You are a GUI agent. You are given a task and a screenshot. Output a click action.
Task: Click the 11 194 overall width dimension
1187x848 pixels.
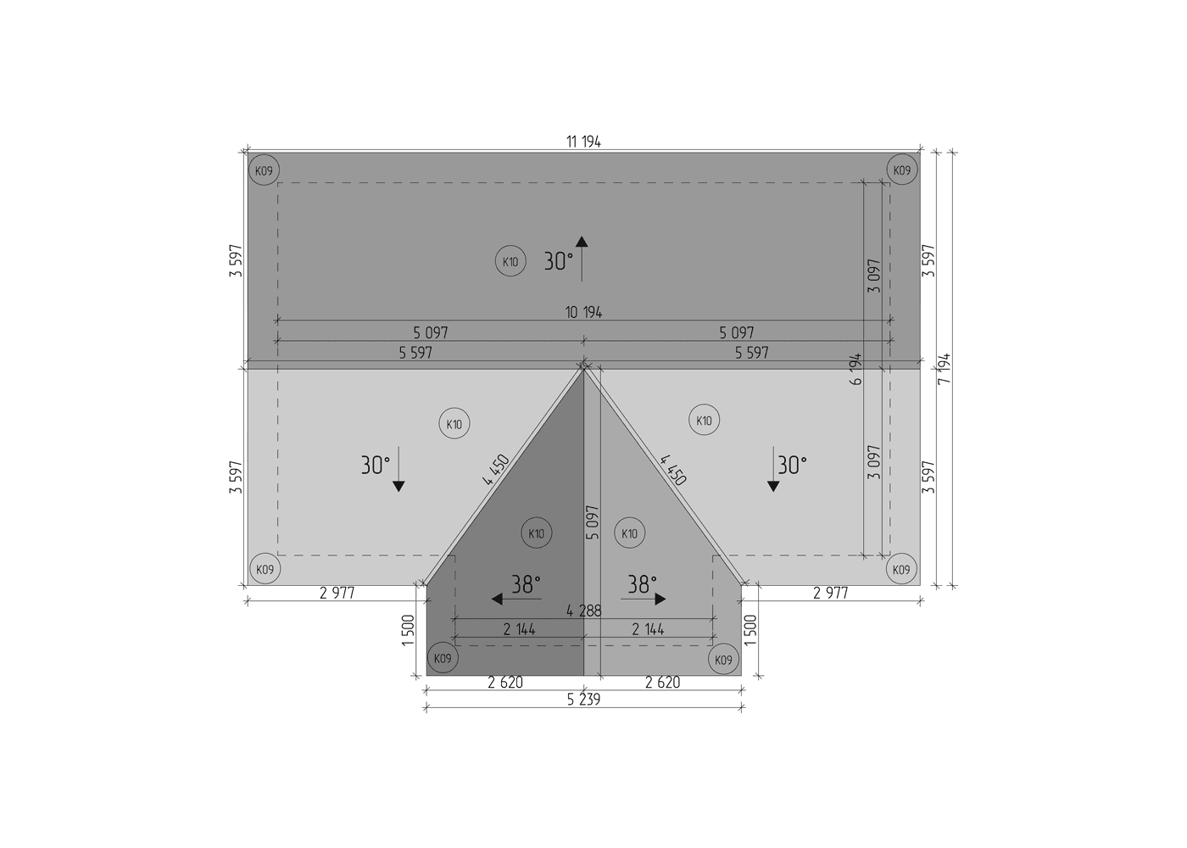(x=583, y=142)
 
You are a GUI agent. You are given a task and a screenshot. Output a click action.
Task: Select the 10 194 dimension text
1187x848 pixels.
(x=583, y=312)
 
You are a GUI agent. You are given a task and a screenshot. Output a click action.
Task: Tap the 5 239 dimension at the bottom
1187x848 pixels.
(x=583, y=700)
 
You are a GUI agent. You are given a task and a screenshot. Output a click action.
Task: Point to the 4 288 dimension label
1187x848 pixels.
(x=584, y=611)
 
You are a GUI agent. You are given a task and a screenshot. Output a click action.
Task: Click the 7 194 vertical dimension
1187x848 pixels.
(x=945, y=369)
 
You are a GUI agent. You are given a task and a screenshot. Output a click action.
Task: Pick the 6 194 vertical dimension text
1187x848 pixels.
(x=855, y=369)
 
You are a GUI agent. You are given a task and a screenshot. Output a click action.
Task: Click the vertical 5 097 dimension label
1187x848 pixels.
(x=593, y=522)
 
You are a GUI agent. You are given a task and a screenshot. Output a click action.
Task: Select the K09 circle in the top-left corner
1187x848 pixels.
(x=264, y=170)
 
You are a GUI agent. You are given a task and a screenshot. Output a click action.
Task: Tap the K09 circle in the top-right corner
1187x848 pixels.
(x=902, y=170)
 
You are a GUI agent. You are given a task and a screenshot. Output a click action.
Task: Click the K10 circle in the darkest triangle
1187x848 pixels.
(x=536, y=533)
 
